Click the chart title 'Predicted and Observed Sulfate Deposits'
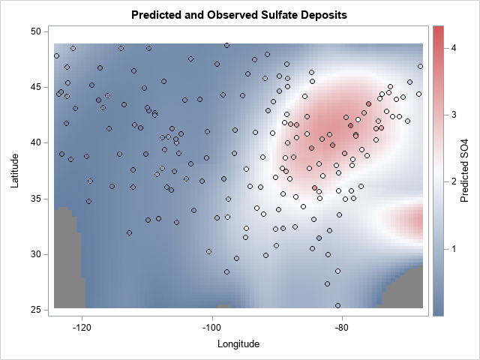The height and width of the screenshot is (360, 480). (239, 15)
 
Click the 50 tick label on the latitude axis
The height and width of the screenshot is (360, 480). (35, 31)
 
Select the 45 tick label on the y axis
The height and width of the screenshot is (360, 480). (35, 87)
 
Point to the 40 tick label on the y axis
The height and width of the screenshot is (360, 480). (35, 142)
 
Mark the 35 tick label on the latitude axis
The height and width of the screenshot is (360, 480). (35, 199)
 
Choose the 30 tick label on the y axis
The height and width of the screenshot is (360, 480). (35, 254)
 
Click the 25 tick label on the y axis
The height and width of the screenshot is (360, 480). (35, 310)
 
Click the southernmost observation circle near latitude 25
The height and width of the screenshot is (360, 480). (337, 305)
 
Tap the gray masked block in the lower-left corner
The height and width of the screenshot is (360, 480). (67, 255)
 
